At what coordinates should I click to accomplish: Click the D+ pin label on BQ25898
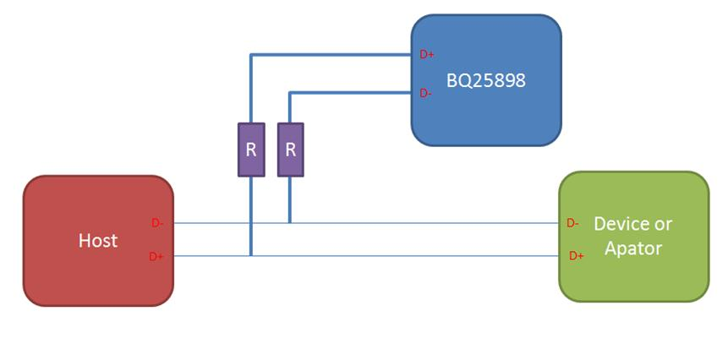427,55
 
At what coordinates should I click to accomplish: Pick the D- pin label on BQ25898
426,93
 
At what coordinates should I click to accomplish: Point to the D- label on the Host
157,223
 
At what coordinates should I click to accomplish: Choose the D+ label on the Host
156,256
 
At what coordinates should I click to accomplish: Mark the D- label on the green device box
572,223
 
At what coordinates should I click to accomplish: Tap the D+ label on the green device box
576,255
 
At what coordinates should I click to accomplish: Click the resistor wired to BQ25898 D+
251,150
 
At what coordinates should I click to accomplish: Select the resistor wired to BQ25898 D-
290,150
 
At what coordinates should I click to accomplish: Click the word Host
98,241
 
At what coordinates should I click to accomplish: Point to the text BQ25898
485,81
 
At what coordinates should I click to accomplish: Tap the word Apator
633,248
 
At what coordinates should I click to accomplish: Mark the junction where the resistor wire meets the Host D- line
290,223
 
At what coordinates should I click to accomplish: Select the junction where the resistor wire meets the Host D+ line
251,255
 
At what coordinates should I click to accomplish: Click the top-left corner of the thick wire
251,56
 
